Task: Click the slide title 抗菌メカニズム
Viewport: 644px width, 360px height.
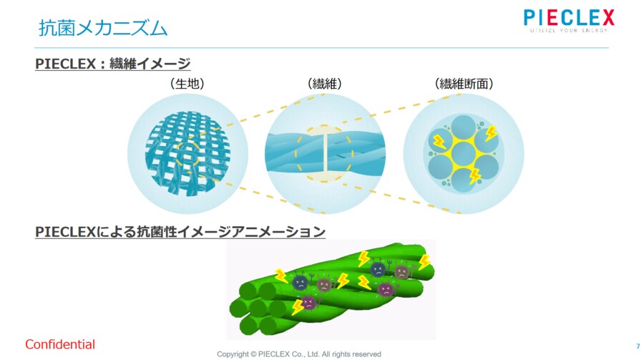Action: [x=102, y=29]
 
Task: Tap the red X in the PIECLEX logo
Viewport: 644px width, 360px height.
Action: [x=606, y=18]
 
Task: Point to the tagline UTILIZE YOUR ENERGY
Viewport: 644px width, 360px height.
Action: [x=569, y=30]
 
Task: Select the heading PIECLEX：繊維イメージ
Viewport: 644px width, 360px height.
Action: [x=113, y=64]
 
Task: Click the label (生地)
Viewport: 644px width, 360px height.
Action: [x=187, y=84]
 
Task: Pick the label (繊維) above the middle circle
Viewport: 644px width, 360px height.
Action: [x=324, y=84]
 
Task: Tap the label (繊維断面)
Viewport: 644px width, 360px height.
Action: [x=464, y=84]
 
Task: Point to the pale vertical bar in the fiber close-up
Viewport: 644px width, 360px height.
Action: [x=324, y=154]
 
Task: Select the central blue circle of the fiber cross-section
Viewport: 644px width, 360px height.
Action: [x=463, y=154]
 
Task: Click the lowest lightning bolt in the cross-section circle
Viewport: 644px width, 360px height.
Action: [x=475, y=175]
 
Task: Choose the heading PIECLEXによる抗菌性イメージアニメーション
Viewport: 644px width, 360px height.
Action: [x=180, y=232]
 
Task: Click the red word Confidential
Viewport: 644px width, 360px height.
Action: [x=60, y=344]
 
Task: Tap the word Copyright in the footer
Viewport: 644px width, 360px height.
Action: [x=233, y=354]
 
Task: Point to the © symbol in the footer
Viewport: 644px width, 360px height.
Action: [x=253, y=354]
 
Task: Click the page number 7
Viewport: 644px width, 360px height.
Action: [x=638, y=346]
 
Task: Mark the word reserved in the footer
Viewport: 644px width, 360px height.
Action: [x=367, y=354]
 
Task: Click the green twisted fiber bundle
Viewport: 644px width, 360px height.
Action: [x=331, y=290]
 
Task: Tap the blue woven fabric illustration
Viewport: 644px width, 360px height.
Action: [x=187, y=153]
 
